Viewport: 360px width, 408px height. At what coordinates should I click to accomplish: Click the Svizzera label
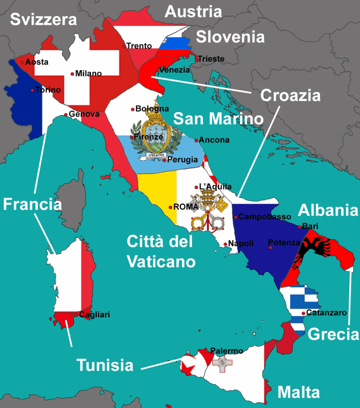click(x=43, y=19)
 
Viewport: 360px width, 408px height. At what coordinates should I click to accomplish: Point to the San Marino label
click(x=219, y=118)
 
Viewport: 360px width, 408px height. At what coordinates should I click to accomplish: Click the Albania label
click(x=328, y=210)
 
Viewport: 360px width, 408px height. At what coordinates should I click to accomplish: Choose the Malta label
click(x=298, y=392)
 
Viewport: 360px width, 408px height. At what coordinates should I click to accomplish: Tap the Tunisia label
click(x=105, y=365)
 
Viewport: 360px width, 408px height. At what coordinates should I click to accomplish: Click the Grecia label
click(x=333, y=334)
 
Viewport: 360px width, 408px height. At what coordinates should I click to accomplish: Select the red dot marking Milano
click(x=72, y=74)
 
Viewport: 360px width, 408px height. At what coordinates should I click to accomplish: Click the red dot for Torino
click(x=32, y=90)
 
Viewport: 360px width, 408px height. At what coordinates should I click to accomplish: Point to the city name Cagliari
click(x=94, y=315)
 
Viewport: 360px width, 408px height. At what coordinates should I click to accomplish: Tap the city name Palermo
click(x=227, y=351)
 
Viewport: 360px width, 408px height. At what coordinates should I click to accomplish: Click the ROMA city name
click(x=186, y=207)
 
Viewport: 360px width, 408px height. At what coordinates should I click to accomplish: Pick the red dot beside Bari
click(x=299, y=227)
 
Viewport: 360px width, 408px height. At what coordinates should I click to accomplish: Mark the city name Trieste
click(x=211, y=59)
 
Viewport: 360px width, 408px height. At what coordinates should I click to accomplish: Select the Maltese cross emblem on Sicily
click(x=222, y=363)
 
